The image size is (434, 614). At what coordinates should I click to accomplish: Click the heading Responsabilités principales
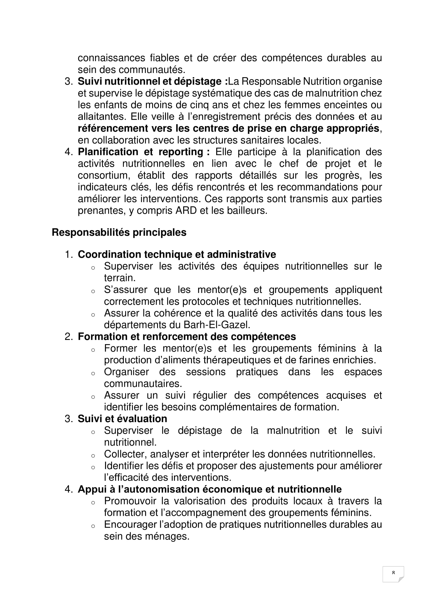click(x=119, y=232)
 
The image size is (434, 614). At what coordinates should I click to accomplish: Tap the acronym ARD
click(x=186, y=211)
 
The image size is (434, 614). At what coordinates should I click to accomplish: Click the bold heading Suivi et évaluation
click(x=122, y=419)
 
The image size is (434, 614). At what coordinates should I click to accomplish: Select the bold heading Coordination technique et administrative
click(x=177, y=254)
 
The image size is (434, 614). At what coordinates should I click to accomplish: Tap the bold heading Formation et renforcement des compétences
click(x=187, y=337)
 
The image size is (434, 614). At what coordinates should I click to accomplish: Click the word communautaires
click(x=143, y=384)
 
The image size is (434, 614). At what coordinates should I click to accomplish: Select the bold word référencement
click(x=113, y=128)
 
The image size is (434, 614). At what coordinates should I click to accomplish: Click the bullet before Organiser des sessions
click(x=93, y=374)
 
